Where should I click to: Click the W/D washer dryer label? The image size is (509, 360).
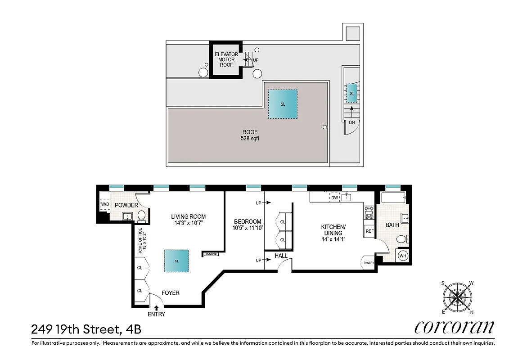(x=104, y=205)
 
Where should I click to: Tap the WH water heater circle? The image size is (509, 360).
(x=402, y=256)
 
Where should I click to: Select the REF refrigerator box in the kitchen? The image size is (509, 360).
(x=369, y=231)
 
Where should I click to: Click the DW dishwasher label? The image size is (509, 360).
(x=334, y=197)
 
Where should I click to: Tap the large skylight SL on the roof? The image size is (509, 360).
(x=283, y=104)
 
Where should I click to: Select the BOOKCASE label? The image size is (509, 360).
(x=211, y=254)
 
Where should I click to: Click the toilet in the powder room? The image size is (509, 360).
(x=141, y=216)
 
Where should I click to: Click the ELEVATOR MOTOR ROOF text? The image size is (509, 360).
(x=226, y=59)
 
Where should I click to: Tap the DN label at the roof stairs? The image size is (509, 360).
(x=351, y=122)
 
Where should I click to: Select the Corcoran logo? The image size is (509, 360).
(x=454, y=327)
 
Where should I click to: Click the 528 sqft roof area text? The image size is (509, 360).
(x=250, y=139)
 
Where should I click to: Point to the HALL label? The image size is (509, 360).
(x=281, y=256)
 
